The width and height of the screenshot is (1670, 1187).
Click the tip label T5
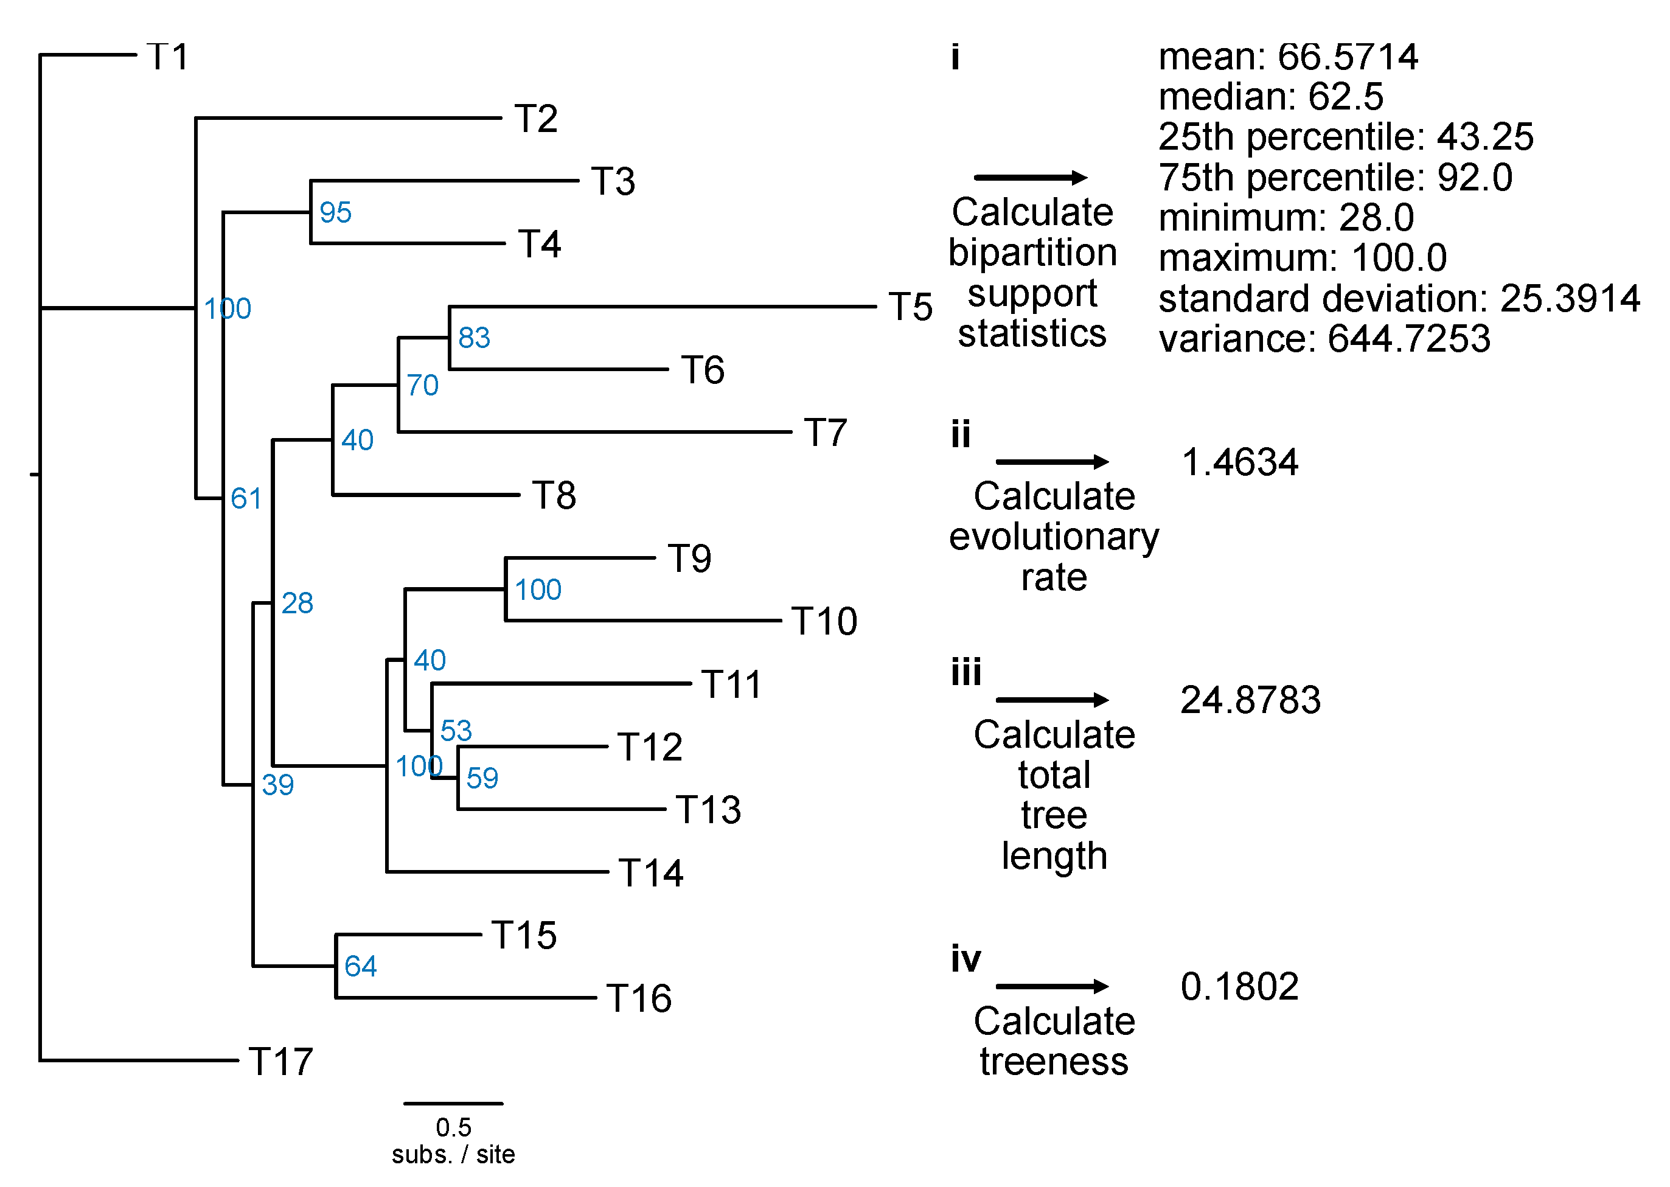910,307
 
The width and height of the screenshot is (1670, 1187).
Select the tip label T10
824,621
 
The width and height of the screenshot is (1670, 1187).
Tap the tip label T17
280,1061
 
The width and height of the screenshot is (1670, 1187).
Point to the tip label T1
168,57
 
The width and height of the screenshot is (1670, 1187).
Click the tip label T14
650,872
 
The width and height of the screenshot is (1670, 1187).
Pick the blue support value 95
335,213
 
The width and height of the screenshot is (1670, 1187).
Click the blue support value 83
473,338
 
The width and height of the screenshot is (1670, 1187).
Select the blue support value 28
297,603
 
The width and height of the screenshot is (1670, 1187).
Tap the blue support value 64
360,966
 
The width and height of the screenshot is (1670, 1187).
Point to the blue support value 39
277,785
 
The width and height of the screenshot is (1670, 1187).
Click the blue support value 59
482,778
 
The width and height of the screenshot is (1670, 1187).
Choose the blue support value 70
422,385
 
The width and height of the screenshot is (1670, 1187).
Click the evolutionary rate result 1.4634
1239,462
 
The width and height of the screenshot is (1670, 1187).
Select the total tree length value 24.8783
1250,700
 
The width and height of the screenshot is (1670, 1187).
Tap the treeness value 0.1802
1239,986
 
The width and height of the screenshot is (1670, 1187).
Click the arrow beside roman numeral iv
1052,986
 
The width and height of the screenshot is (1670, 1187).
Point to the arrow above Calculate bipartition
1031,177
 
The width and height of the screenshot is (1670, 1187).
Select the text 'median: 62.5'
1271,97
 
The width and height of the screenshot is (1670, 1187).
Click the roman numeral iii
966,672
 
